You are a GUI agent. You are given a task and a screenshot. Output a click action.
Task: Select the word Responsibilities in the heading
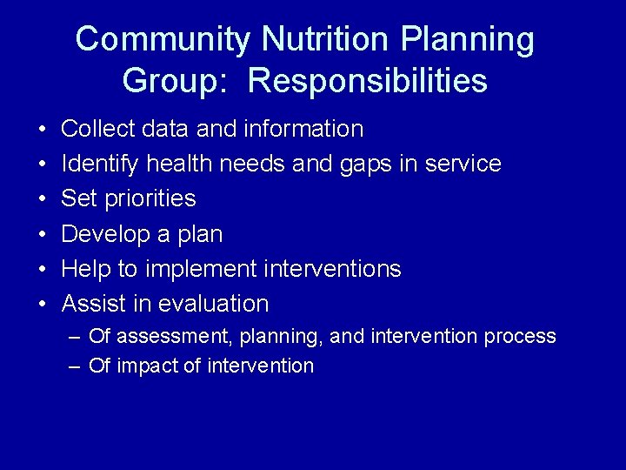(x=367, y=81)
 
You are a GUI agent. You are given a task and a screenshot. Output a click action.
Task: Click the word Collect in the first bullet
(x=94, y=130)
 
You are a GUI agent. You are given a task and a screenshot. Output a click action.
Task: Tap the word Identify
(x=101, y=164)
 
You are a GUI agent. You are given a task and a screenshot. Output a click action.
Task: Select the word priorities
(x=150, y=199)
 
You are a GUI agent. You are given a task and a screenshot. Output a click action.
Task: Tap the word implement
(x=200, y=269)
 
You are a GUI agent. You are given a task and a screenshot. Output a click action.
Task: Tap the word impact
(x=142, y=366)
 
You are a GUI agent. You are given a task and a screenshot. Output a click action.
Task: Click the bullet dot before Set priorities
(x=43, y=200)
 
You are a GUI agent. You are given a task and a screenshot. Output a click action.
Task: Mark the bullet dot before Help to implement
(x=43, y=270)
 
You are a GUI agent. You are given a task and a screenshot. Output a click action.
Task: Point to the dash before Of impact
(x=76, y=366)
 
